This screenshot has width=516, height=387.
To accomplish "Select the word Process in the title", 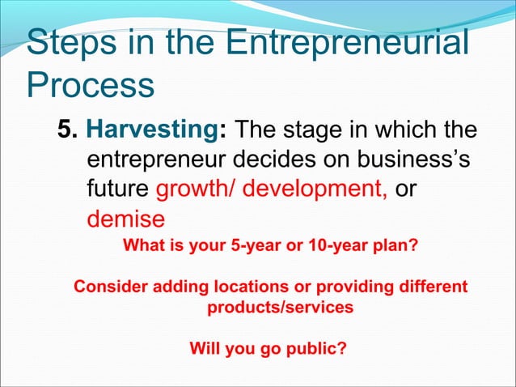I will (x=90, y=84).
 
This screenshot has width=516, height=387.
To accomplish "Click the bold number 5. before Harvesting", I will (x=68, y=130).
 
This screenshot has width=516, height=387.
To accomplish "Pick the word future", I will (x=117, y=189).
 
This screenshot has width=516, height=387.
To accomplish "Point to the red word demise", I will (x=125, y=219).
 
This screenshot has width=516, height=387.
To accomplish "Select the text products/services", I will (x=280, y=308).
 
